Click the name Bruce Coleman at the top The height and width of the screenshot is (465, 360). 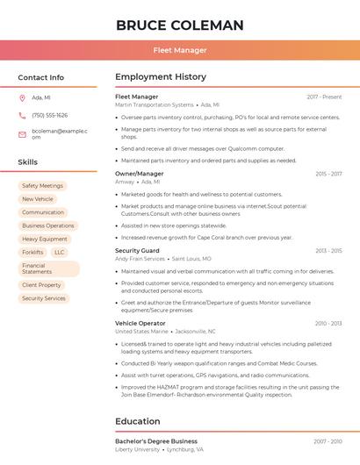pyautogui.click(x=179, y=25)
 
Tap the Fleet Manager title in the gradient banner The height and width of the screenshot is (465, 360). pyautogui.click(x=179, y=50)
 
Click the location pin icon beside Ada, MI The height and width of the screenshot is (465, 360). pyautogui.click(x=22, y=97)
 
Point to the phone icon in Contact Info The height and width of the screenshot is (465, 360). pyautogui.click(x=22, y=115)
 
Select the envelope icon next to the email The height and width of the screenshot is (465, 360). pyautogui.click(x=22, y=134)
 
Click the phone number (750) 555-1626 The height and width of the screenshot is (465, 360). pyautogui.click(x=49, y=115)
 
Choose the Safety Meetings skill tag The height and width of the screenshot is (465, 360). pyautogui.click(x=42, y=186)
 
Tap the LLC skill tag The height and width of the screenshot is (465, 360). pyautogui.click(x=59, y=252)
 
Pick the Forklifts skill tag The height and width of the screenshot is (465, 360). pyautogui.click(x=32, y=252)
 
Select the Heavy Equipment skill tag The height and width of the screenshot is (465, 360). pyautogui.click(x=45, y=239)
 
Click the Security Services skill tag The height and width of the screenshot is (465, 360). pyautogui.click(x=44, y=298)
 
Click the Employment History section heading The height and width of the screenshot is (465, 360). pyautogui.click(x=161, y=77)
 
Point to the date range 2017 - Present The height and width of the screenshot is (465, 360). pyautogui.click(x=324, y=97)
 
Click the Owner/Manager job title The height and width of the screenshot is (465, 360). pyautogui.click(x=140, y=174)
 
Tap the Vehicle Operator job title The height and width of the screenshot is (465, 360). pyautogui.click(x=140, y=323)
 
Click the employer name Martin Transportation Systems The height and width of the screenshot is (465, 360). pyautogui.click(x=155, y=104)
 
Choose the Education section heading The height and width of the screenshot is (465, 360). pyautogui.click(x=138, y=421)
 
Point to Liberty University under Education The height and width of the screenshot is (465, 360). pyautogui.click(x=138, y=449)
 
